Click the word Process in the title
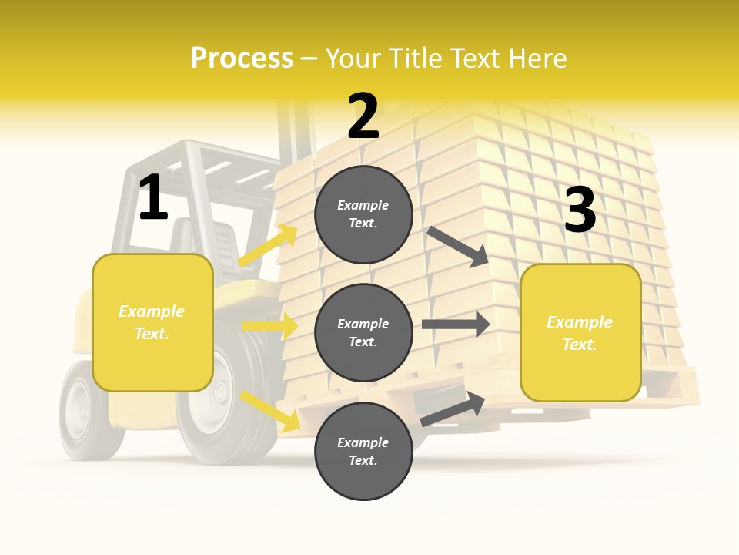(242, 58)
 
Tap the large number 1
(153, 197)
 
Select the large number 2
(363, 116)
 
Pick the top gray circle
(363, 214)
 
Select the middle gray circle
(363, 332)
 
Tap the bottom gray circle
(363, 451)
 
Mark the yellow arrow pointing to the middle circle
(269, 326)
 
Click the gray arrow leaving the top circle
(457, 246)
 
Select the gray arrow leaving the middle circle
(455, 325)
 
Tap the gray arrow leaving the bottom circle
(453, 409)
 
